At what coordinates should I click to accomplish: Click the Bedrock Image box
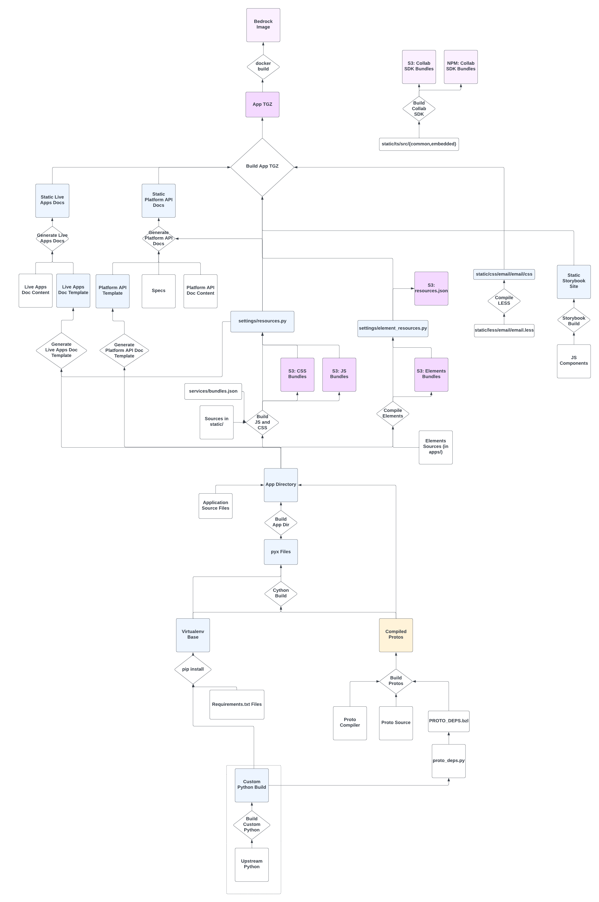[x=263, y=25]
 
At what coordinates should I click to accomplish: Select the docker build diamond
[x=263, y=67]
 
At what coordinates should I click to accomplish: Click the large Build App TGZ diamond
[x=262, y=167]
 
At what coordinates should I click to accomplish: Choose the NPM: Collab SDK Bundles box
[x=461, y=67]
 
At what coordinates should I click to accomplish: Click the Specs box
[x=158, y=291]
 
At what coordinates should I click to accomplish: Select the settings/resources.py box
[x=262, y=321]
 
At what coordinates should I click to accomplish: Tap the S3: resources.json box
[x=431, y=289]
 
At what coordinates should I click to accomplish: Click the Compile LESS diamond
[x=504, y=301]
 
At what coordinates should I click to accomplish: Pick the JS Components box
[x=574, y=361]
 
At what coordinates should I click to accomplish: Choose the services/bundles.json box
[x=213, y=391]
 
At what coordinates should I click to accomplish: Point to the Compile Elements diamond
[x=393, y=414]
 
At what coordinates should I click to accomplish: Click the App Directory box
[x=281, y=485]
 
